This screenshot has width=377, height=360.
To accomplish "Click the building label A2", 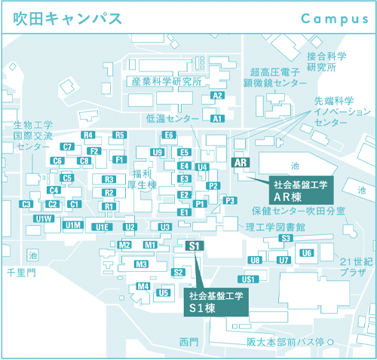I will point(217,96).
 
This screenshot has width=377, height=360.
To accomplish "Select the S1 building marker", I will point(195,246).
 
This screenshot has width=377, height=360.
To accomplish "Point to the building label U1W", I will point(44,218).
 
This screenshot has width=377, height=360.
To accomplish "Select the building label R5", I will point(119,135).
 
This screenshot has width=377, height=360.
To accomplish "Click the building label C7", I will point(67,147).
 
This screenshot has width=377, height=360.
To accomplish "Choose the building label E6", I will point(169,135).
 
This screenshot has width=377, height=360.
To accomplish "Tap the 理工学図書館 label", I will point(275,226).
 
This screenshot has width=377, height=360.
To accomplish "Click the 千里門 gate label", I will point(20,272).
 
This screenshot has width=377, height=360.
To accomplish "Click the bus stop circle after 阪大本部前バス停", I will point(329,342).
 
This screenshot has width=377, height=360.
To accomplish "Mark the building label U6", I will point(306,253).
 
